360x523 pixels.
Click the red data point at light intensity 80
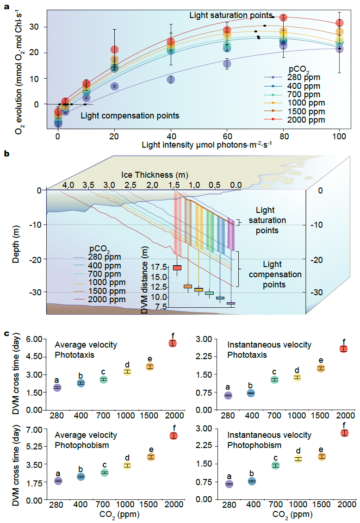[x=283, y=18]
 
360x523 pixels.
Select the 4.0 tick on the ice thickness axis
[x=68, y=185]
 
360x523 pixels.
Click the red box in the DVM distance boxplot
[x=177, y=268]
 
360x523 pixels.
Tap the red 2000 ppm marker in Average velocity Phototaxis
[x=173, y=343]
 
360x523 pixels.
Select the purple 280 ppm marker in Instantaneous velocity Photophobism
[x=229, y=484]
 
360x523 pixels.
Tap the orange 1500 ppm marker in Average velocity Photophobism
[x=150, y=457]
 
